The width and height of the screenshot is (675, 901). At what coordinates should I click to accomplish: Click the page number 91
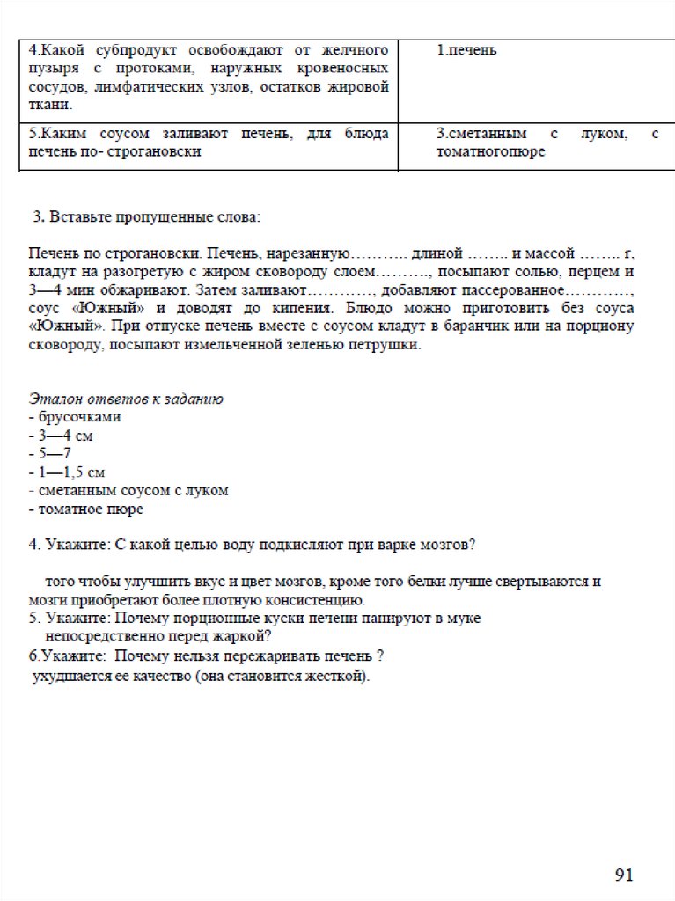624,875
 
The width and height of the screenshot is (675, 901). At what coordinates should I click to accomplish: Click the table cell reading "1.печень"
466,50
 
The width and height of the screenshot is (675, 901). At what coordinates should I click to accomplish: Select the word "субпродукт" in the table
127,50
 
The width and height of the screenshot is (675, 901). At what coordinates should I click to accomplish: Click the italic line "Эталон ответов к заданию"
126,399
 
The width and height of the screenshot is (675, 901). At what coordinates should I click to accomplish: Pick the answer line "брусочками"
78,417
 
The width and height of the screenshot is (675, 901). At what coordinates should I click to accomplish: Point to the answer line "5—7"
54,454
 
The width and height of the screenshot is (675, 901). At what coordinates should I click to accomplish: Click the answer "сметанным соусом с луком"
132,490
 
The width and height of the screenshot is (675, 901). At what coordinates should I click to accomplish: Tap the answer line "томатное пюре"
89,509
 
